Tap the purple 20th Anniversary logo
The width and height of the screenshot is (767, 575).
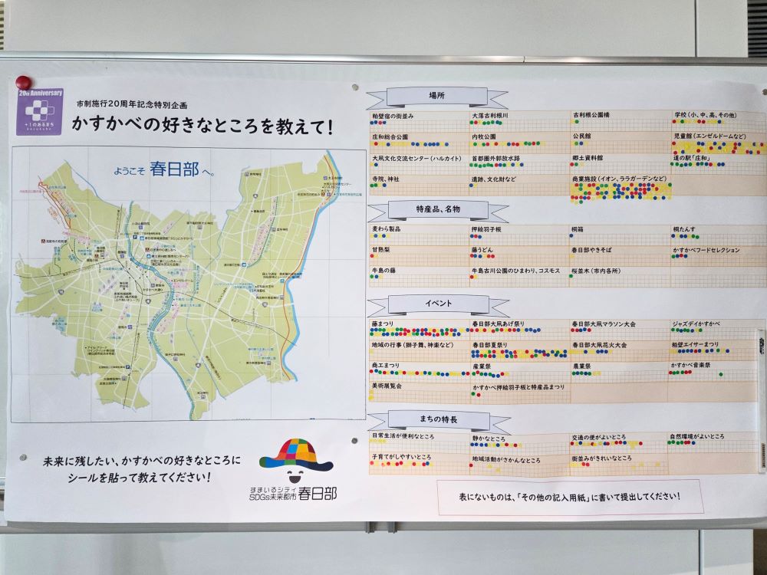39,112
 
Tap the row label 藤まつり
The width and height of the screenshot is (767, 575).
383,324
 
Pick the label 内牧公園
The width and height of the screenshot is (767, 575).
484,136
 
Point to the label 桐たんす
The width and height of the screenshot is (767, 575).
686,228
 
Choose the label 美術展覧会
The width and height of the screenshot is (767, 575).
387,386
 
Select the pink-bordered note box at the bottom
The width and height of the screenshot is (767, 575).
570,497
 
